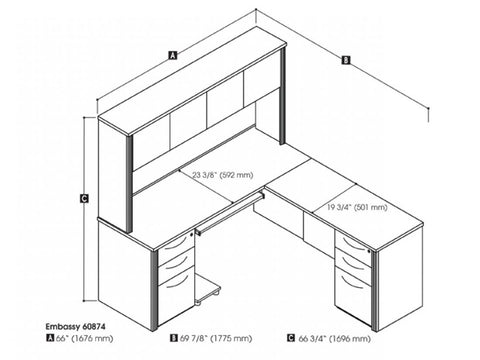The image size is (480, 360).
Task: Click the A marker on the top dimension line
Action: click(x=173, y=56)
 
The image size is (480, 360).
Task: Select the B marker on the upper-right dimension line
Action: click(x=345, y=60)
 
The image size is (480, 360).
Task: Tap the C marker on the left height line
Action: click(x=85, y=199)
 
